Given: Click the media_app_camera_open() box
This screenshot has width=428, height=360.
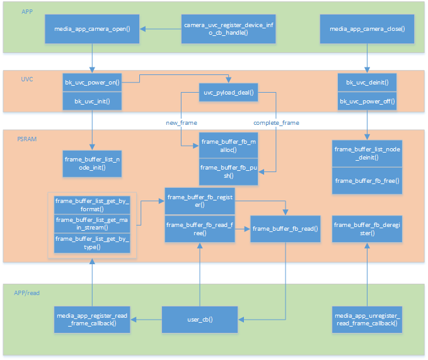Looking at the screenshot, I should click(x=92, y=29).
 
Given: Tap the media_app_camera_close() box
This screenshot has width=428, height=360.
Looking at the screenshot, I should click(x=367, y=29).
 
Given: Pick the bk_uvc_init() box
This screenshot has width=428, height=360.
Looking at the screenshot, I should click(x=92, y=101).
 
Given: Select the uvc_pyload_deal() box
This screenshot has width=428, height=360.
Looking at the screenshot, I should click(x=228, y=93).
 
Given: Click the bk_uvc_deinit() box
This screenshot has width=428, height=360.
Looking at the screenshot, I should click(x=367, y=83).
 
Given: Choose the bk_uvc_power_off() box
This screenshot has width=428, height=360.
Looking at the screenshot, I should click(x=367, y=101).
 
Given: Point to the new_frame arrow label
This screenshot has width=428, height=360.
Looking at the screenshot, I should click(x=182, y=122).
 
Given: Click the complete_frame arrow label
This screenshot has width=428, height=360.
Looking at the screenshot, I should click(x=276, y=122).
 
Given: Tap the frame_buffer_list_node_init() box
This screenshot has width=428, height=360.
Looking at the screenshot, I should click(x=93, y=163).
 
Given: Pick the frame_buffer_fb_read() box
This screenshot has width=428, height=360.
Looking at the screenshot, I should click(x=285, y=229).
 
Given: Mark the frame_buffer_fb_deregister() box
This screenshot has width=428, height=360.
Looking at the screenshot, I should click(x=367, y=229).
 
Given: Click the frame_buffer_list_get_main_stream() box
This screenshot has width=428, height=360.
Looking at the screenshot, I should click(x=92, y=224).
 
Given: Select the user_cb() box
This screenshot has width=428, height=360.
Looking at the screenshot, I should click(x=200, y=320).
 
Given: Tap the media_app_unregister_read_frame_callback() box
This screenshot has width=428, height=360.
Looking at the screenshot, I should click(x=367, y=320).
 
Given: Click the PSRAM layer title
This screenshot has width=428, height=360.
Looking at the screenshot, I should click(x=26, y=137).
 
